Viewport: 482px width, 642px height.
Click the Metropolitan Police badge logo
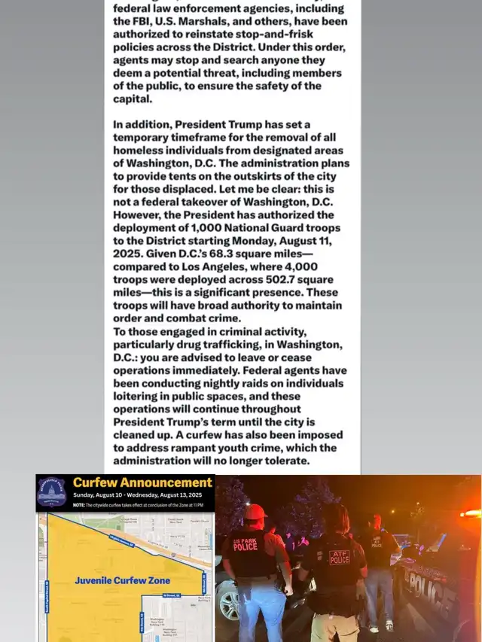(x=52, y=491)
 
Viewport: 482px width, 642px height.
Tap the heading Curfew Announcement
(x=142, y=482)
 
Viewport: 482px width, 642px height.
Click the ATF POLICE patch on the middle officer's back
(x=340, y=557)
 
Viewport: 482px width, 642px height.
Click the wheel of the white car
(x=227, y=602)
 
